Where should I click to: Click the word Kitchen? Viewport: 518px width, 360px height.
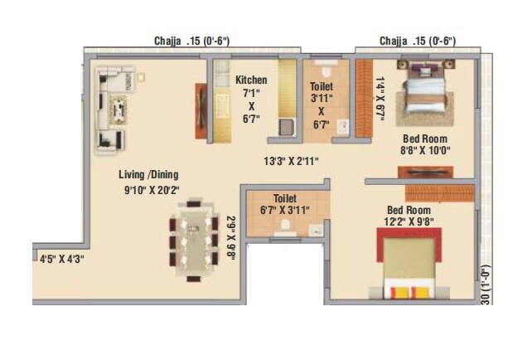pyautogui.click(x=250, y=80)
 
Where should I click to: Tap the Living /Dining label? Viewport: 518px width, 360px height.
pyautogui.click(x=148, y=174)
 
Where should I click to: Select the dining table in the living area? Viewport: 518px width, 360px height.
pyautogui.click(x=194, y=241)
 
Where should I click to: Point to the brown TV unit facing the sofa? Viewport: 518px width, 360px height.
pyautogui.click(x=200, y=110)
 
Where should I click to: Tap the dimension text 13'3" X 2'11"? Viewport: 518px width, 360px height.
pyautogui.click(x=290, y=160)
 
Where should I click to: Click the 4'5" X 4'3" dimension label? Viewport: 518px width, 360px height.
pyautogui.click(x=63, y=258)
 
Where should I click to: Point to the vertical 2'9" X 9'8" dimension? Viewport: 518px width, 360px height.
pyautogui.click(x=230, y=238)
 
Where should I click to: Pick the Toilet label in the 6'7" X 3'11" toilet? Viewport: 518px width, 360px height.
pyautogui.click(x=284, y=199)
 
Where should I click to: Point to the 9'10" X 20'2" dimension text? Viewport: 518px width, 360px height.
pyautogui.click(x=148, y=191)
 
